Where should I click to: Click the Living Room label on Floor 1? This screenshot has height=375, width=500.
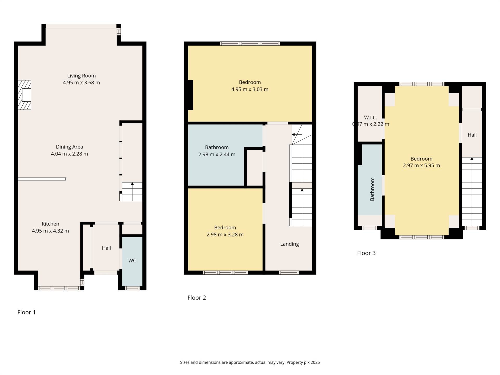[x=81, y=76]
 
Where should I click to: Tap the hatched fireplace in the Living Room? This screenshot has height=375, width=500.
[x=25, y=95]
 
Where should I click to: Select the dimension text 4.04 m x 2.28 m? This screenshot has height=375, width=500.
[x=69, y=154]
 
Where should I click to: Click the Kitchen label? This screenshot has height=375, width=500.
[x=50, y=224]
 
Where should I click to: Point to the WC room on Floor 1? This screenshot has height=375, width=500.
[x=132, y=261]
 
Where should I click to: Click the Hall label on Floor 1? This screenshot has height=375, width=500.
[x=106, y=248]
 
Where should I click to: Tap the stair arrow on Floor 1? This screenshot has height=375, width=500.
[x=132, y=184]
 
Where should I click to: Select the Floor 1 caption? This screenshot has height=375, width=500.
[x=26, y=312]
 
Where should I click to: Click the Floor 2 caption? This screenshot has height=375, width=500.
[x=197, y=298]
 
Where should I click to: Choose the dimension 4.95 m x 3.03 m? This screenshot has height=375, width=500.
[x=249, y=89]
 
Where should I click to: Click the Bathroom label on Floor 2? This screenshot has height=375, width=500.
[x=217, y=147]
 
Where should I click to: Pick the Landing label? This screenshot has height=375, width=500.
[x=289, y=244]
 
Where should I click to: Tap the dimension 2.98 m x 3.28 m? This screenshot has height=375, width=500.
[x=225, y=235]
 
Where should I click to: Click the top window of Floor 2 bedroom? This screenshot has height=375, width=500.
[x=250, y=43]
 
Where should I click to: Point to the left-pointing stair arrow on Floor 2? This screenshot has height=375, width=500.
[x=293, y=135]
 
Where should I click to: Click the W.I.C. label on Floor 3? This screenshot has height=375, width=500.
[x=370, y=118]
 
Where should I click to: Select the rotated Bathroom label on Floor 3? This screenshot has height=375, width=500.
[x=372, y=189]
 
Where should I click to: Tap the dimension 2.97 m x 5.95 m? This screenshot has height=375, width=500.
[x=421, y=166]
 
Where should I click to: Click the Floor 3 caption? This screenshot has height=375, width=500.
[x=366, y=253]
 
